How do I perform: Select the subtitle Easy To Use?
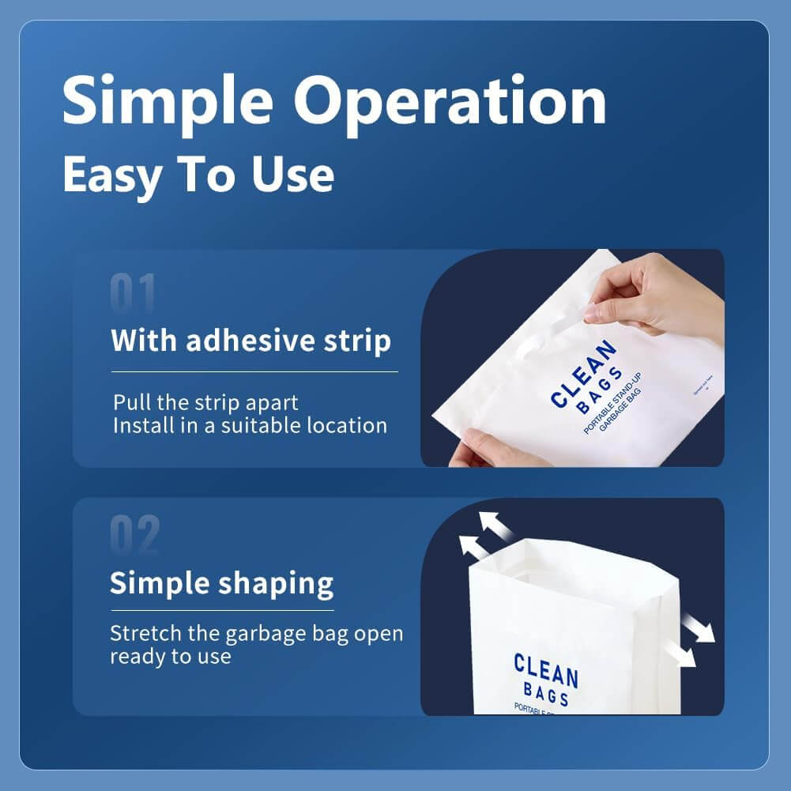click(198, 175)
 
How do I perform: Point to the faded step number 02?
click(134, 535)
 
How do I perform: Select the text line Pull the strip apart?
click(205, 401)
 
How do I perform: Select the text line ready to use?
click(170, 657)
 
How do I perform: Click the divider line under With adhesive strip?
click(254, 371)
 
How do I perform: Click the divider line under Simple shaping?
click(221, 609)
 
